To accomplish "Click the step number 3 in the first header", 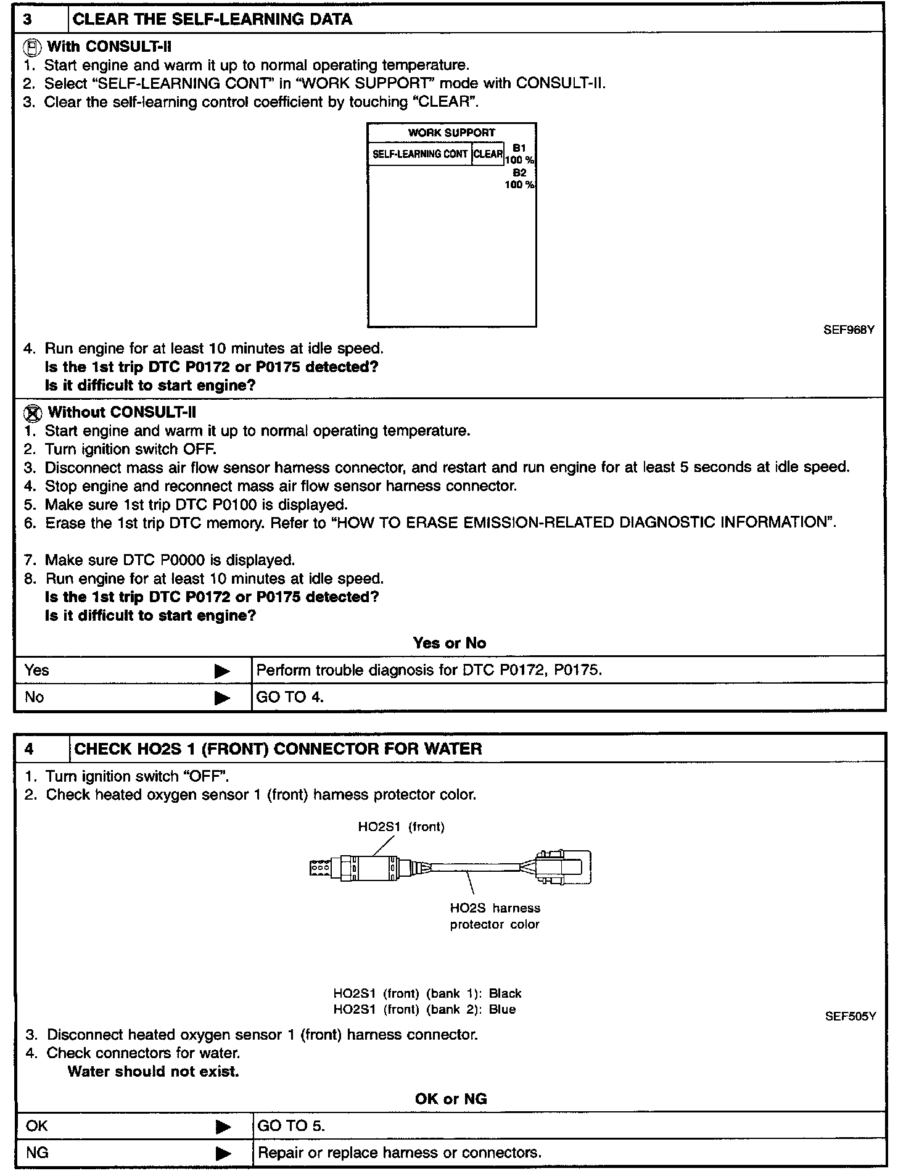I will [x=28, y=19].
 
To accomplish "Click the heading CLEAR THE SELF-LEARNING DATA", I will [x=212, y=19].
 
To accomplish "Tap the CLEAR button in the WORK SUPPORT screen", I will [x=488, y=154].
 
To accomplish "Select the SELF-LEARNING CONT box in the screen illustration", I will [x=420, y=154].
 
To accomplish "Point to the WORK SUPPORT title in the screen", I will [x=451, y=133].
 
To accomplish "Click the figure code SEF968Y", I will [x=849, y=330].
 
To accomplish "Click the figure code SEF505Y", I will [x=850, y=1016].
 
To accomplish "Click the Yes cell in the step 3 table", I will [x=37, y=670].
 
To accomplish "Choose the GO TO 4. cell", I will [x=290, y=697].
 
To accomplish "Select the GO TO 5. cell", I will [x=291, y=1126].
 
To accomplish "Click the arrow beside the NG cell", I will [x=223, y=1153].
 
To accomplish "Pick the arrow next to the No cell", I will [x=222, y=698].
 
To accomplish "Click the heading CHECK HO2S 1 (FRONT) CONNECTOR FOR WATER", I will [x=278, y=749].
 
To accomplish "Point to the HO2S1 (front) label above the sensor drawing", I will [x=401, y=827].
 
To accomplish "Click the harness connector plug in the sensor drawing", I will [x=561, y=868].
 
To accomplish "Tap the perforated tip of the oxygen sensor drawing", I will [x=320, y=868].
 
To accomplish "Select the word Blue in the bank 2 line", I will [x=502, y=1009].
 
